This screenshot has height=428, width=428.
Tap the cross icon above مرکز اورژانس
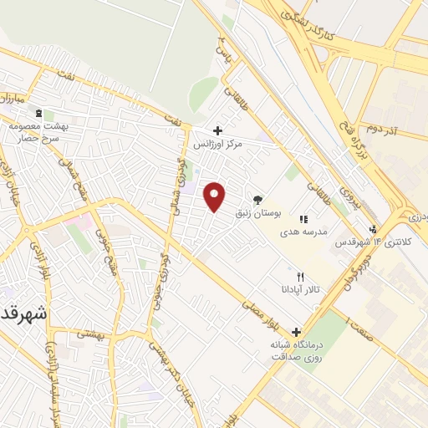tap(217, 130)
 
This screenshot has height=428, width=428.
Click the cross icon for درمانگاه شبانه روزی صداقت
tap(296, 331)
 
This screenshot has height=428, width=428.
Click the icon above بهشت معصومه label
tap(36, 112)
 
